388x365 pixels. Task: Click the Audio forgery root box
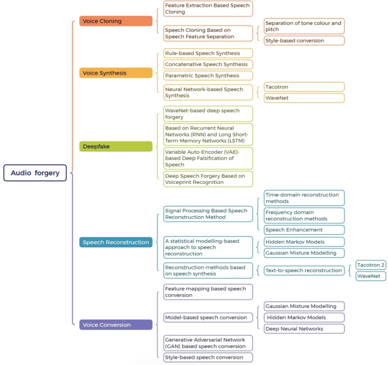35,173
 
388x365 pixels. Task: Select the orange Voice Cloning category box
116,21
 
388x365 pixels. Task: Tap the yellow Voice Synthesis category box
116,72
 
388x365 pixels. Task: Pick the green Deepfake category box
116,146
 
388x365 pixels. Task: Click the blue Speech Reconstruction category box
116,242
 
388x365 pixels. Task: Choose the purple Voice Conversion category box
116,325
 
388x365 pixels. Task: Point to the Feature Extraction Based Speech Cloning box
207,8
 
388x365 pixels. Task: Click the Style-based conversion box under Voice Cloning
304,40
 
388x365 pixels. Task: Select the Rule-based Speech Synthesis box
207,53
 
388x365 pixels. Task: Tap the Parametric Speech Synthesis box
207,75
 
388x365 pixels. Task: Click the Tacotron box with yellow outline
304,87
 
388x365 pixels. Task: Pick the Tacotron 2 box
371,265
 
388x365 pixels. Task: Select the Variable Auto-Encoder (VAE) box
207,158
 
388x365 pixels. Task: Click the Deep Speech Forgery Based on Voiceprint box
207,179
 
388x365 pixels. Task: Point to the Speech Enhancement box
304,230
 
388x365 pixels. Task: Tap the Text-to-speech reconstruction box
304,270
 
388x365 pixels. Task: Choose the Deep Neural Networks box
304,328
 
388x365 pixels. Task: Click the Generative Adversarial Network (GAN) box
207,343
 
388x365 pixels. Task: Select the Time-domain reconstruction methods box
304,198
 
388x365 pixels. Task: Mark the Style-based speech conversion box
207,357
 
